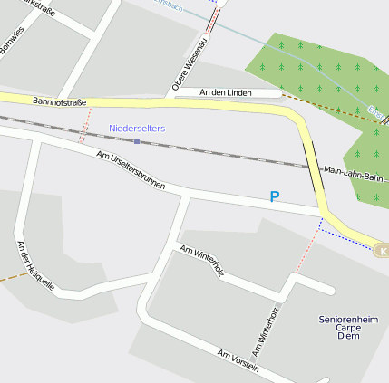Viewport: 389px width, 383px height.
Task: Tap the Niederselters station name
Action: (137, 129)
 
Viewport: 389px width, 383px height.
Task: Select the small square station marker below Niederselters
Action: (137, 140)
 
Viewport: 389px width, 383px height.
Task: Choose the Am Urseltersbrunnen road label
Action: (131, 169)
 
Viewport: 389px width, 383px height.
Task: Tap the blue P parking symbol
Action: (275, 196)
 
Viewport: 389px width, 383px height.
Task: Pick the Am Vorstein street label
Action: (238, 359)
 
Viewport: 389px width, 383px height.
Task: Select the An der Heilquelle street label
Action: (35, 265)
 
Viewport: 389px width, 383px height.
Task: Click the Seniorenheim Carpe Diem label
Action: (348, 327)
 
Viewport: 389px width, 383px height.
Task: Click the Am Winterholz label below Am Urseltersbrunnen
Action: (202, 260)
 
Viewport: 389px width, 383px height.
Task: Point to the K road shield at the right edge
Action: (383, 251)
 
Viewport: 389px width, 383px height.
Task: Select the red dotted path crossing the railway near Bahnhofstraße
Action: (84, 126)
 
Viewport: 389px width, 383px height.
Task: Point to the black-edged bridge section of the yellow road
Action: (314, 163)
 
